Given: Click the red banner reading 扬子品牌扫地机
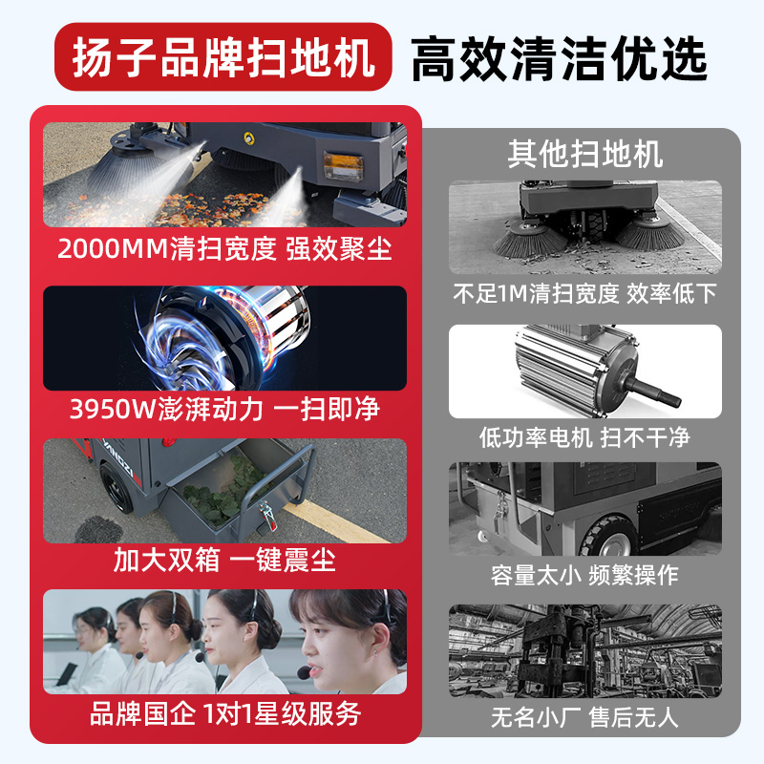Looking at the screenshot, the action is [223, 56].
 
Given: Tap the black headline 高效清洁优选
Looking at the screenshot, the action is [559, 59].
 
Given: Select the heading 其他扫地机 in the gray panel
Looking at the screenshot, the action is [584, 155].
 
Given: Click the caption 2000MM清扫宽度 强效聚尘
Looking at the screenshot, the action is [224, 248].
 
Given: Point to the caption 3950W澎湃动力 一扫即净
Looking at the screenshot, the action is [224, 409].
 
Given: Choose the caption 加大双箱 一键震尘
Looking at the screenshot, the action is [224, 560].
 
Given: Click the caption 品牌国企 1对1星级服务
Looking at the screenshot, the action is [225, 713].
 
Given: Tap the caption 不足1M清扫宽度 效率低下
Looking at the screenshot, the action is [584, 293].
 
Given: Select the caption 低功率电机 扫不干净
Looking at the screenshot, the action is [584, 437].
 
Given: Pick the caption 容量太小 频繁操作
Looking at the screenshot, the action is [584, 575].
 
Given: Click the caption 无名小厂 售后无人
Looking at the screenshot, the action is [584, 717].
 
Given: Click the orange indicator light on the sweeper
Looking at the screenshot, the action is [343, 166].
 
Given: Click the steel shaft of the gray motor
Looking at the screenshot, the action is [653, 393].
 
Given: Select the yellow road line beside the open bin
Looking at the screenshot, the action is [336, 523].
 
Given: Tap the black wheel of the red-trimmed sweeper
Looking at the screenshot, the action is [116, 488].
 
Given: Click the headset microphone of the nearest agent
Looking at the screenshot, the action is [304, 673].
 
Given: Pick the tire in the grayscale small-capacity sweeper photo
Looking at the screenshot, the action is [609, 536].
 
